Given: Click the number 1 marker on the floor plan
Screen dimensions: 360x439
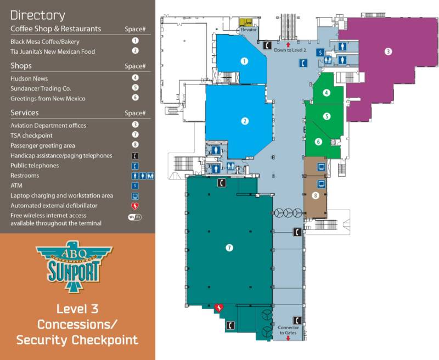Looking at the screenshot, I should pos(244,61).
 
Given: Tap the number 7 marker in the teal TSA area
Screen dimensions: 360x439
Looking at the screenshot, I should pos(229,248).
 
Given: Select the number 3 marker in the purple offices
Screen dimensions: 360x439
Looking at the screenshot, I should pos(388,52).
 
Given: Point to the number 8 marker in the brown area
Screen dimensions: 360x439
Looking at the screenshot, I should pos(316,195).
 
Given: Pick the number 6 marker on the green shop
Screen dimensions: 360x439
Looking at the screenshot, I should pos(318,141).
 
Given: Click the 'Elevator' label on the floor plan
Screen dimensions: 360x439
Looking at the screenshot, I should pos(248,30).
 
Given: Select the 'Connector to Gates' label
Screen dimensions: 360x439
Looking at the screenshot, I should pos(289,330).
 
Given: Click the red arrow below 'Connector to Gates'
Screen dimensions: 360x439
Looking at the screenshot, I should pos(289,339).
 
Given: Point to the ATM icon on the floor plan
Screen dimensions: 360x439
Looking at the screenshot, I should pos(319,52).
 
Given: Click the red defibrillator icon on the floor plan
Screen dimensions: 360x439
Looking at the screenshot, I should pos(218,308).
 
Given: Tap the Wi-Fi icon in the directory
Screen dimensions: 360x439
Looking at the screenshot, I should pos(135,217).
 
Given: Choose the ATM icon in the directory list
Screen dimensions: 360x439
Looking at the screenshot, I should pos(135,186).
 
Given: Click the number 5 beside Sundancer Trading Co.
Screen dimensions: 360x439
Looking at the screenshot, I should pos(135,88).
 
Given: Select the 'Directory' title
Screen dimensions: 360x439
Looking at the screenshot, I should pos(37,15).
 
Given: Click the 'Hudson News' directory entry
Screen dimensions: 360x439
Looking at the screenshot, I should pos(29,78).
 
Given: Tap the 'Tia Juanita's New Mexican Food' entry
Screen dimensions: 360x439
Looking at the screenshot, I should pos(53,52).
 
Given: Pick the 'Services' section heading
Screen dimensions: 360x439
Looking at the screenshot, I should pos(25,113).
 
